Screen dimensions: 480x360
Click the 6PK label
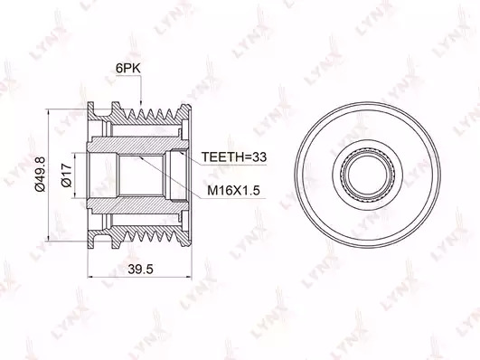pyautogui.click(x=128, y=69)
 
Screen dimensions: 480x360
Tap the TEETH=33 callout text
pyautogui.click(x=234, y=156)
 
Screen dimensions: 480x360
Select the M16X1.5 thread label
pyautogui.click(x=233, y=191)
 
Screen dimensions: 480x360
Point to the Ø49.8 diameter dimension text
pyautogui.click(x=40, y=174)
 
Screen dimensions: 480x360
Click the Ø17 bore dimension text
pyautogui.click(x=66, y=175)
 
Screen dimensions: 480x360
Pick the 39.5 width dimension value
pyautogui.click(x=140, y=270)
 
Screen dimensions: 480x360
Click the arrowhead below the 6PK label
pyautogui.click(x=141, y=102)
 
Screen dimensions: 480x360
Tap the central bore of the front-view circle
pyautogui.click(x=368, y=175)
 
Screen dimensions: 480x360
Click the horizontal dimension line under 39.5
pyautogui.click(x=139, y=278)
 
